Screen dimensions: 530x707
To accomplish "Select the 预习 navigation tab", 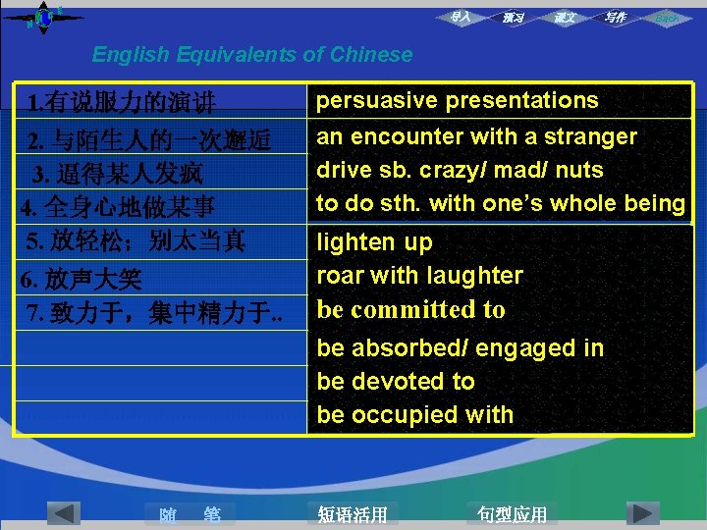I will point(513,18).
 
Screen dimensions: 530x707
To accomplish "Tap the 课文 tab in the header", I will point(565,18).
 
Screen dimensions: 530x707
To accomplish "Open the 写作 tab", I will point(616,18).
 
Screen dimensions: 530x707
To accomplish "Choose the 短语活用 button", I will point(353,514).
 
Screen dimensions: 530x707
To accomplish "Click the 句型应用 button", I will point(512,514).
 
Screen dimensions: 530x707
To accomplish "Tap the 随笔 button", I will point(190,514).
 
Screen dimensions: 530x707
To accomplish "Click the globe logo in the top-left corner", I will point(43,17).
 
